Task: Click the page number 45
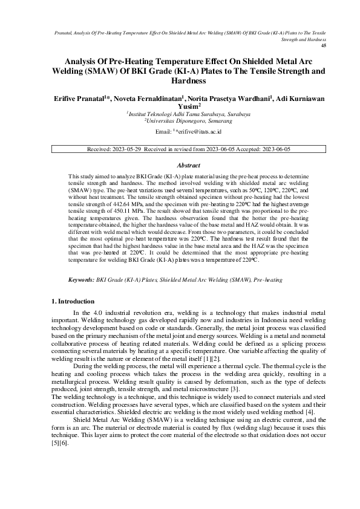[323, 45]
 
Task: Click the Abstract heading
[180, 164]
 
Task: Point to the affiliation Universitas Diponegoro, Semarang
[180, 120]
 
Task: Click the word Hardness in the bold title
[180, 80]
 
